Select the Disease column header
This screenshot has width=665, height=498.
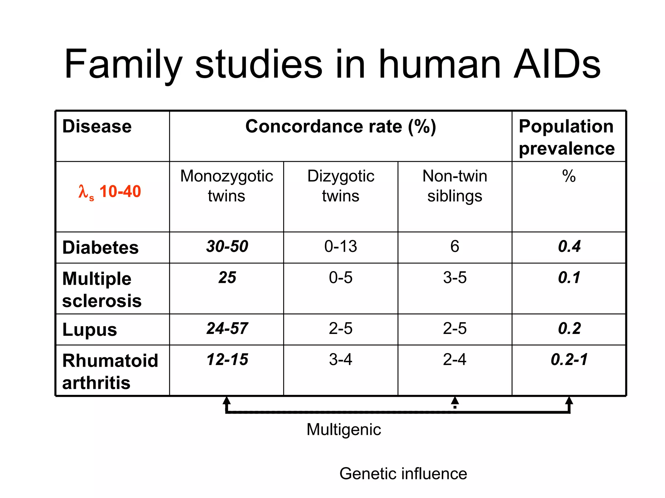[97, 126]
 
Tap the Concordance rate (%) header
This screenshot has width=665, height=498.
[341, 126]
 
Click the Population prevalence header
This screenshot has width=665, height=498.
[567, 137]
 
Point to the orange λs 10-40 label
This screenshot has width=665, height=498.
[110, 191]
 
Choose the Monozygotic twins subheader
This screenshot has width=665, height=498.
[227, 186]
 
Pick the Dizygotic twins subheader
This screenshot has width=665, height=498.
[341, 186]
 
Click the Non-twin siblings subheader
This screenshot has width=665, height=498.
[455, 186]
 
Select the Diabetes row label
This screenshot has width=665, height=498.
[100, 247]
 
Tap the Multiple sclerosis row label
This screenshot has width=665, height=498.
[102, 289]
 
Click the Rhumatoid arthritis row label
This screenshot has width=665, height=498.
[110, 371]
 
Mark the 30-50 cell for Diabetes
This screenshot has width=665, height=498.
[227, 246]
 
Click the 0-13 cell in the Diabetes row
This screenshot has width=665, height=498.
[341, 246]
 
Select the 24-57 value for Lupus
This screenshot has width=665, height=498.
[227, 328]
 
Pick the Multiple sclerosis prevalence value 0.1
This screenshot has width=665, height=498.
[569, 278]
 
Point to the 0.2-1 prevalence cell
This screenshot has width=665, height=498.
[569, 359]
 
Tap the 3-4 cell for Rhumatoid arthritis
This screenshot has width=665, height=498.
[341, 359]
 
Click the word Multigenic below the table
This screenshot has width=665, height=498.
[344, 429]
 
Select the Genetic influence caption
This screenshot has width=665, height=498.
[403, 473]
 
